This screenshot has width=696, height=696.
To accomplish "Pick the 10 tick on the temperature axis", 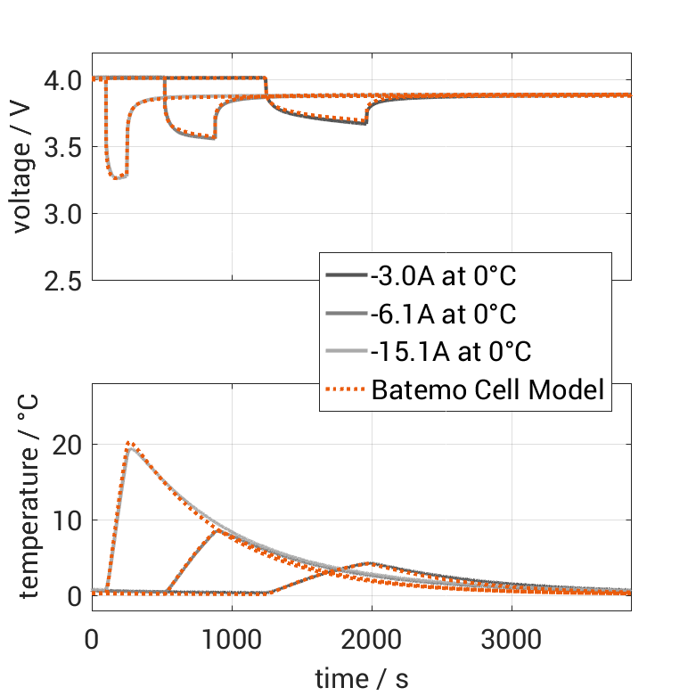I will pyautogui.click(x=70, y=520).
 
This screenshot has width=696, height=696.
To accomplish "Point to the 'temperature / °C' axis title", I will pyautogui.click(x=29, y=497).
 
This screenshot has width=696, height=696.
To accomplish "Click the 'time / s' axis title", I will pyautogui.click(x=361, y=678).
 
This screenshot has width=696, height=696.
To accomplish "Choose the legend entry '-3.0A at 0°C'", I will pyautogui.click(x=443, y=276).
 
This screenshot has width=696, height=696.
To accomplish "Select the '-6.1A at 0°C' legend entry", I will pyautogui.click(x=443, y=314).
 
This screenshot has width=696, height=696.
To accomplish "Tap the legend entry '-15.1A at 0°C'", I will pyautogui.click(x=450, y=352).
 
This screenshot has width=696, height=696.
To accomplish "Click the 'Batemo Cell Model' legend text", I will pyautogui.click(x=487, y=389).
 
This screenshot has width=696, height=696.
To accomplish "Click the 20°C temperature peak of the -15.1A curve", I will pyautogui.click(x=130, y=444).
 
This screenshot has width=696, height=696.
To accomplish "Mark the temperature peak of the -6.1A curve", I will pyautogui.click(x=217, y=530).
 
